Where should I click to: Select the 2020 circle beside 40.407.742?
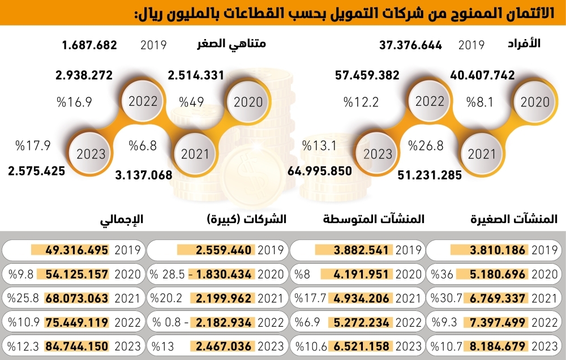pos(534,102)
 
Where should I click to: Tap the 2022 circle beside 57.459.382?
pos(430,102)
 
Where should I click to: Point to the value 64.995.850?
pos(320,170)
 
